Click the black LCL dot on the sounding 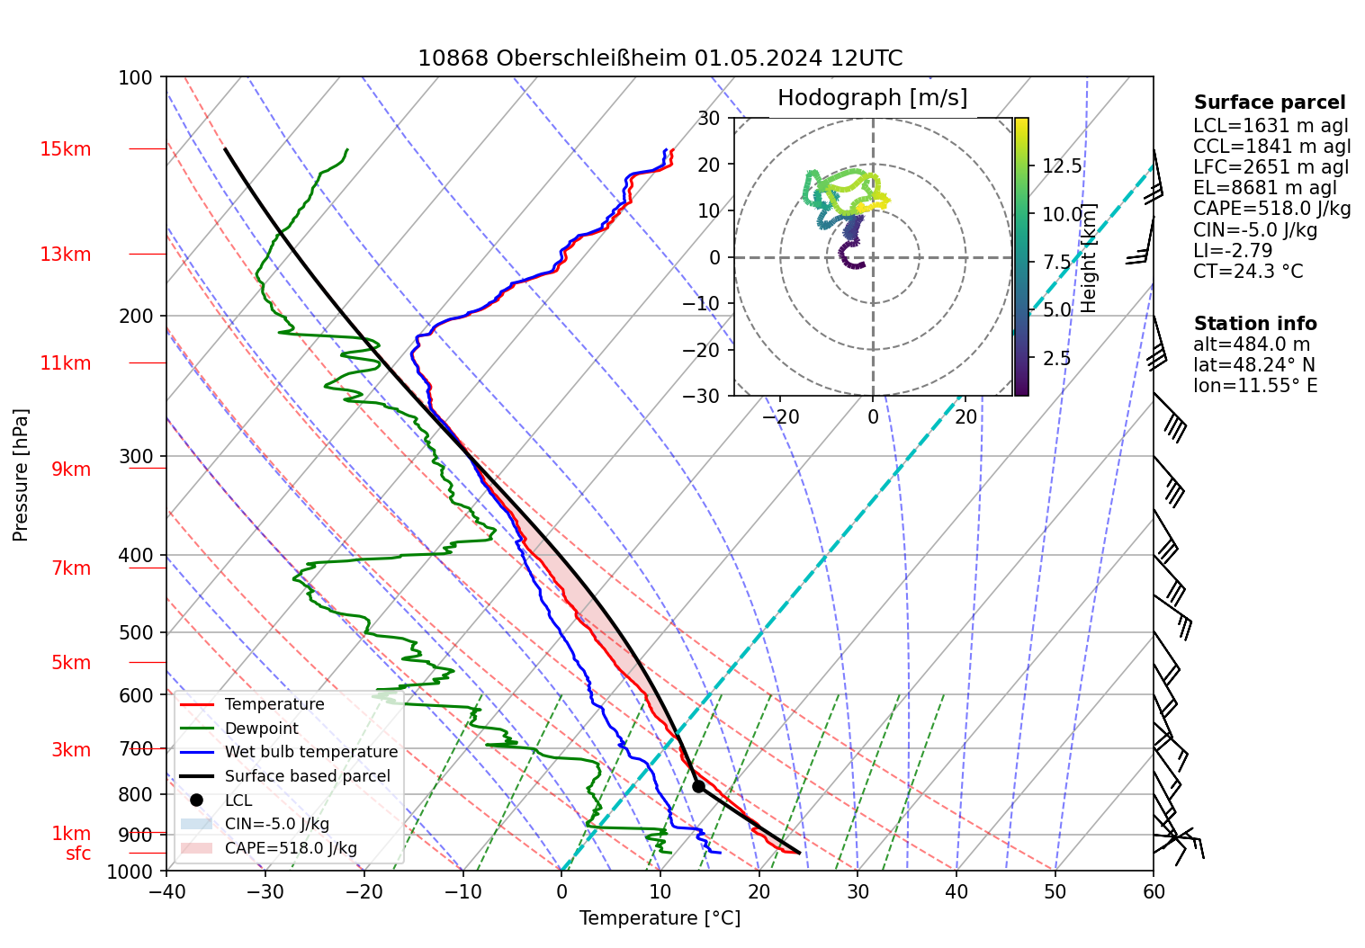point(698,786)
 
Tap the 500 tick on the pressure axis point(137,632)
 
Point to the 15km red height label point(65,149)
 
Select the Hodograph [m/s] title point(872,98)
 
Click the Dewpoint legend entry point(261,729)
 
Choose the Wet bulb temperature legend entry point(310,752)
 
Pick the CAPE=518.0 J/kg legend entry point(291,848)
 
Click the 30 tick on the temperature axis point(858,891)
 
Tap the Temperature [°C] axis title point(660,918)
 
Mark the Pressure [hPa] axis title point(21,475)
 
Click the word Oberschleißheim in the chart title point(592,59)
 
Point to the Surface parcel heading point(1270,103)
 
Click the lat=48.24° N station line point(1253,365)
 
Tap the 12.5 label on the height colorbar point(1062,166)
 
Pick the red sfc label point(78,854)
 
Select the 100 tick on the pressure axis point(136,77)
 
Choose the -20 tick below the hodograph point(779,417)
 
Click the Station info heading point(1255,324)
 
